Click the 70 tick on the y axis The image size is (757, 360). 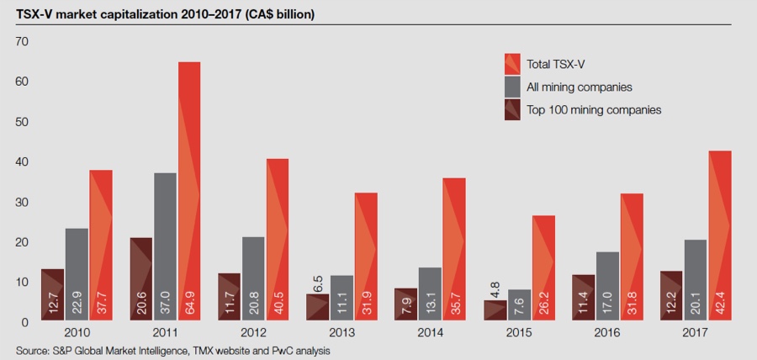click(x=23, y=42)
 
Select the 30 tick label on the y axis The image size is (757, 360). click(x=23, y=203)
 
